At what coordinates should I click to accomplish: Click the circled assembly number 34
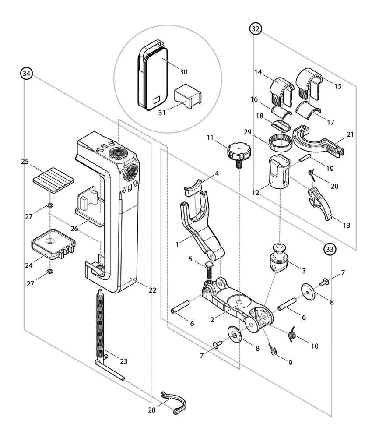tap(27, 74)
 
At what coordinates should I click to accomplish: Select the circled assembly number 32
tap(256, 29)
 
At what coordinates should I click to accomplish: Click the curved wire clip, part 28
tap(175, 402)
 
